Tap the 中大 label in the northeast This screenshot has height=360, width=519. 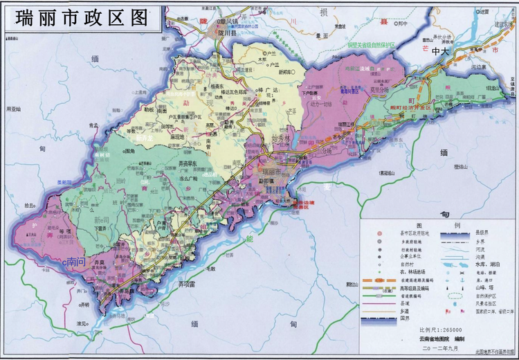click(441, 52)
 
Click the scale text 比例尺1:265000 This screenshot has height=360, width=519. click(443, 329)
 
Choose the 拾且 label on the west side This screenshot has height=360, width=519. click(29, 206)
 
